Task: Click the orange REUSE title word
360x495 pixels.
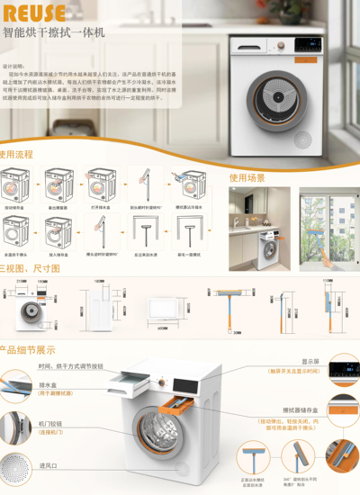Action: point(33,13)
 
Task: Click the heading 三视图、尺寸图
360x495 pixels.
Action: point(29,268)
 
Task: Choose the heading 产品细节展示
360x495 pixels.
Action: point(28,350)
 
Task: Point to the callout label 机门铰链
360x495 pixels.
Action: point(50,423)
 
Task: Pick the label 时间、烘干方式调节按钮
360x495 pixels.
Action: point(70,366)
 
